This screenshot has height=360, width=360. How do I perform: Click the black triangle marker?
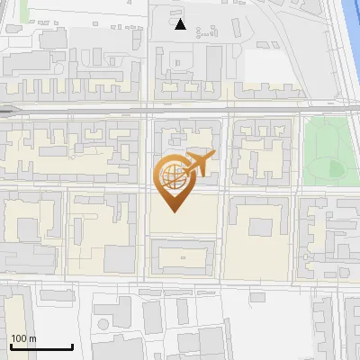(181, 24)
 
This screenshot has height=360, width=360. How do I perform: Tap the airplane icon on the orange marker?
(195, 163)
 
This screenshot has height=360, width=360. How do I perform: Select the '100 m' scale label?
(23, 338)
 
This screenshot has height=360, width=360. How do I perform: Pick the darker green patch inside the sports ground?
(336, 167)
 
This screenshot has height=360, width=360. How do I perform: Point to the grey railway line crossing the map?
(90, 111)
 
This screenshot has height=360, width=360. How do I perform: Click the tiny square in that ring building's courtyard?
(184, 257)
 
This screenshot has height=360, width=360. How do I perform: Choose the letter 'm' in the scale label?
(31, 338)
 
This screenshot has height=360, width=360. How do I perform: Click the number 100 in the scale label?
(19, 338)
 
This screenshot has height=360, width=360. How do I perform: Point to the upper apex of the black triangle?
(181, 19)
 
